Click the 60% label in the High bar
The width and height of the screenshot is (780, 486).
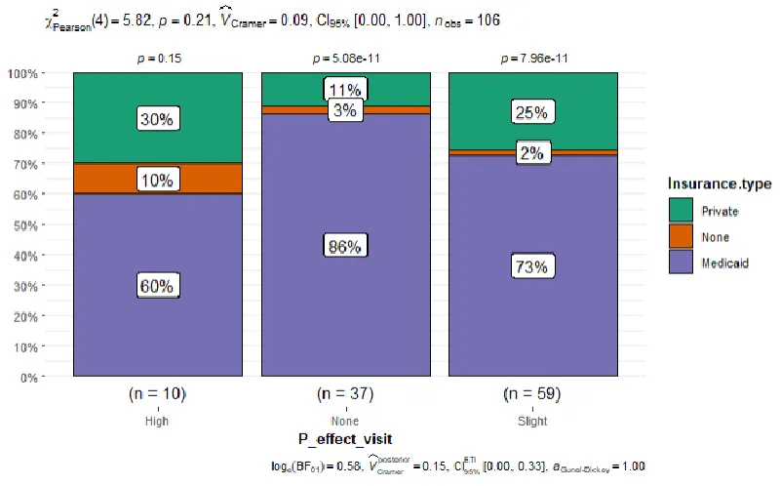click(156, 286)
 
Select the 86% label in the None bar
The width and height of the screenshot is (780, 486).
click(345, 247)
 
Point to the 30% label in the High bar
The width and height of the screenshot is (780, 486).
click(156, 119)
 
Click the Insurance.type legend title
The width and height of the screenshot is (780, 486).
click(720, 183)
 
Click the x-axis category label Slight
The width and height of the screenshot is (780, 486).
click(533, 422)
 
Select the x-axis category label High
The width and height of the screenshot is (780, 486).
click(156, 422)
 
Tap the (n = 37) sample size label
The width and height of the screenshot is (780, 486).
click(345, 395)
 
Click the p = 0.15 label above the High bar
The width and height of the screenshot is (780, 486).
click(156, 59)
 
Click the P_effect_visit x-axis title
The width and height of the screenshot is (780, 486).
click(344, 440)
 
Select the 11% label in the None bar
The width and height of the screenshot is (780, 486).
click(345, 91)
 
